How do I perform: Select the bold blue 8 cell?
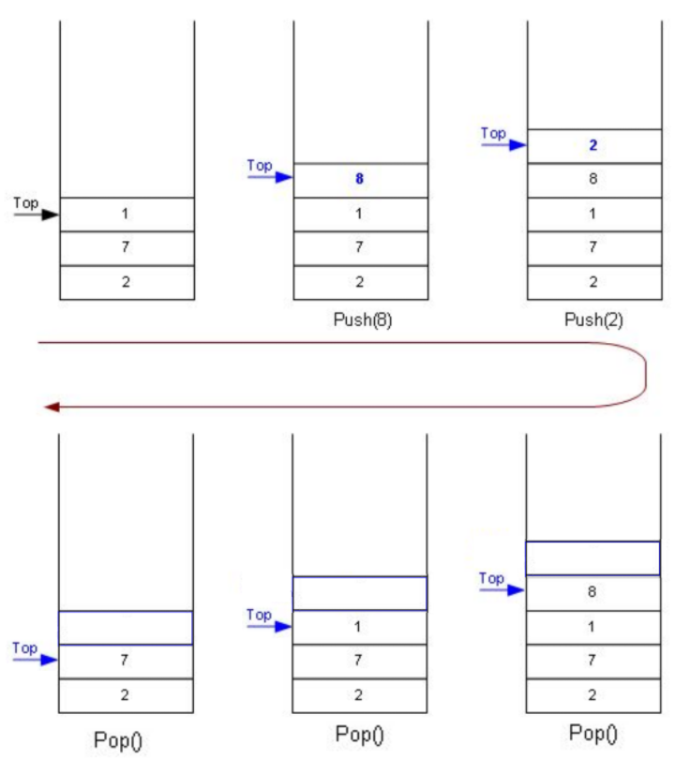tap(360, 180)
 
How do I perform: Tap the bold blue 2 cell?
tap(593, 145)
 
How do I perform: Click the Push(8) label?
tap(363, 320)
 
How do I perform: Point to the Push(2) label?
tap(594, 320)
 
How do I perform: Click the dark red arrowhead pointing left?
tap(52, 407)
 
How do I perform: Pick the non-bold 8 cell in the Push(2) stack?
tap(593, 180)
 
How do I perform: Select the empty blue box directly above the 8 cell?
tap(592, 558)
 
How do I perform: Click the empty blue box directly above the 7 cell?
tap(126, 628)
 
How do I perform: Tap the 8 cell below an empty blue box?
tap(592, 592)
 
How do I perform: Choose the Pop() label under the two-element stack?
tap(119, 740)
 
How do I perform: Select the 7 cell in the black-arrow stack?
tap(127, 248)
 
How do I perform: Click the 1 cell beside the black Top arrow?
tap(127, 215)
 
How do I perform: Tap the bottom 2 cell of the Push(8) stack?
tap(360, 282)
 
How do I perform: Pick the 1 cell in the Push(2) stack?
tap(593, 215)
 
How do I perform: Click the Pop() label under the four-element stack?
tap(592, 733)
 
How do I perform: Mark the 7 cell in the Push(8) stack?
tap(360, 248)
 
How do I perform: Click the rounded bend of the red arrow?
tap(644, 375)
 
